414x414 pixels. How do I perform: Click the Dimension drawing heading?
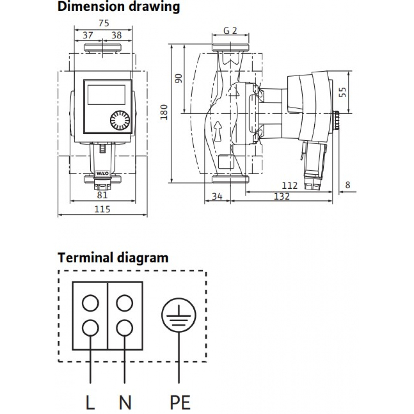(x=118, y=7)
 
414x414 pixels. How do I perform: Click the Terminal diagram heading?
(x=113, y=258)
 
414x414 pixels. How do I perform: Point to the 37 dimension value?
(x=87, y=35)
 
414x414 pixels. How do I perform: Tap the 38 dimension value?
(x=117, y=35)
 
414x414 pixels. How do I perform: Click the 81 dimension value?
(x=102, y=195)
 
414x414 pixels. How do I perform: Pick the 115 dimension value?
(x=102, y=209)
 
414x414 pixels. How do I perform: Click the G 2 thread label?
(x=230, y=31)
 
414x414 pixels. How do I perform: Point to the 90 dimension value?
(x=178, y=79)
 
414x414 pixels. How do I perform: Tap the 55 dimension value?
(x=342, y=92)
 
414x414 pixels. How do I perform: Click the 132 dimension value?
(x=282, y=197)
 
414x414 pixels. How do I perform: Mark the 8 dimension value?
(x=348, y=185)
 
